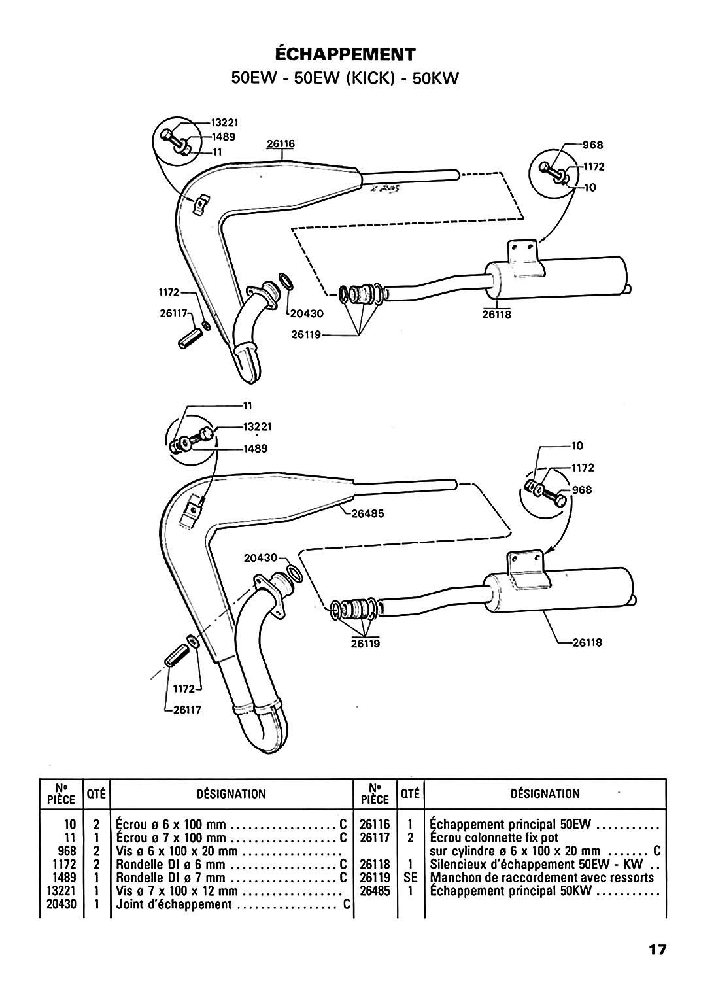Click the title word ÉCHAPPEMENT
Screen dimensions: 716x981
(345, 54)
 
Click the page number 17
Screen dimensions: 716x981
(657, 950)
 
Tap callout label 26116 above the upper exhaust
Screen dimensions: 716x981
(281, 144)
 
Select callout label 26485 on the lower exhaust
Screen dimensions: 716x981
(368, 513)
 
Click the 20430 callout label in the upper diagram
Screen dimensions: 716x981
(307, 313)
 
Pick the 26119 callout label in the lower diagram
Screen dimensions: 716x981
(366, 644)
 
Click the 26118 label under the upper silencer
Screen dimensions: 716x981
(496, 315)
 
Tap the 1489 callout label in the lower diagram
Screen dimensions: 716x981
(256, 449)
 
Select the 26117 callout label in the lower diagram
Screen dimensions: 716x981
(187, 710)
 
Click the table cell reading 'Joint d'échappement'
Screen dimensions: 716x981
(173, 903)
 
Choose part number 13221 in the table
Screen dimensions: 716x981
(61, 890)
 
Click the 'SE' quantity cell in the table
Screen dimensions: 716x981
(411, 877)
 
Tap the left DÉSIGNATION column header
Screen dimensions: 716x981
(231, 793)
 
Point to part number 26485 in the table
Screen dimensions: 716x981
(375, 890)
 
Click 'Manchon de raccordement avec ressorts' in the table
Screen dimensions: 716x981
(542, 877)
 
